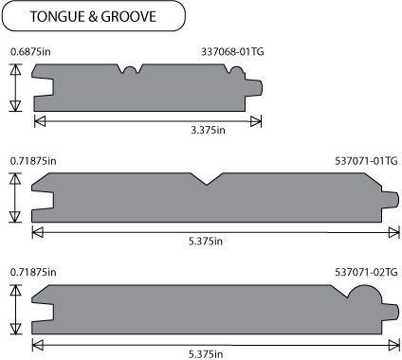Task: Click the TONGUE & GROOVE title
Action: coord(93,16)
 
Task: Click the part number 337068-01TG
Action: coord(232,51)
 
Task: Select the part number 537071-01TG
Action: coord(366,161)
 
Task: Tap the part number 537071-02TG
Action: coord(366,272)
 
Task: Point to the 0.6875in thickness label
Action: coord(30,51)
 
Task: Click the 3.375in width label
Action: coord(208,130)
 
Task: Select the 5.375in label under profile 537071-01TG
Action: coord(206,242)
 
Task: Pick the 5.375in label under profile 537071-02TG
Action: coord(206,354)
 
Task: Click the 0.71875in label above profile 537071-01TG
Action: coord(33,161)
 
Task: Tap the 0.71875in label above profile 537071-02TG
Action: coord(33,272)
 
